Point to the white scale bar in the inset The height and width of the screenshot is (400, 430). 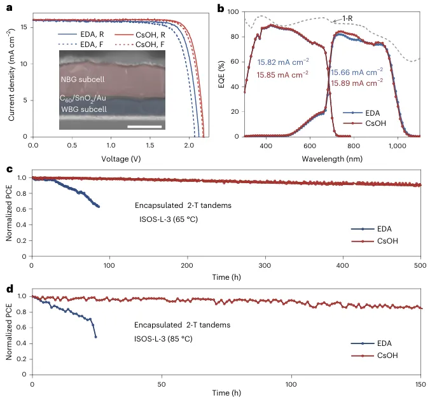point(144,126)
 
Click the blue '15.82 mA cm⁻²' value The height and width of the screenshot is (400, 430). point(283,62)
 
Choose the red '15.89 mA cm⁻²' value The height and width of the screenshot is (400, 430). point(357,82)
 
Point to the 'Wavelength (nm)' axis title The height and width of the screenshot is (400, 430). point(328,158)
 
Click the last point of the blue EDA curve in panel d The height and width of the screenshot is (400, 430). point(95,336)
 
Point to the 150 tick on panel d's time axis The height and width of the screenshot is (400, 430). point(420,385)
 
